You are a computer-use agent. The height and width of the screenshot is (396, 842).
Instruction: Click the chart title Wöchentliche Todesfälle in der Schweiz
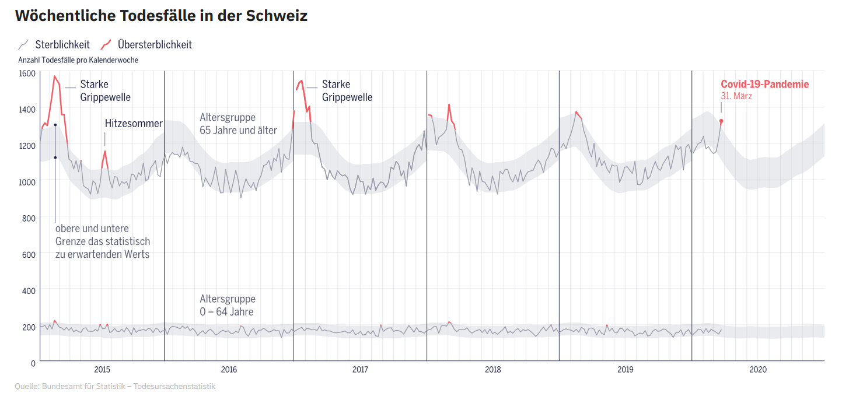[x=161, y=16]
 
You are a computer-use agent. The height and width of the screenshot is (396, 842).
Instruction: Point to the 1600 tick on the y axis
[x=28, y=73]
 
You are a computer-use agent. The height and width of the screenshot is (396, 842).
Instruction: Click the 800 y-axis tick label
[x=28, y=218]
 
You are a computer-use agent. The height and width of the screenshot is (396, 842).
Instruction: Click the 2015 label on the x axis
[x=102, y=369]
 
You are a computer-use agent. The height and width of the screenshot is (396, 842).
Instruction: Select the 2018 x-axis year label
[x=493, y=369]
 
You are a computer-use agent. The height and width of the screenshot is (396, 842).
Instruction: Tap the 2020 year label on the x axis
[x=758, y=369]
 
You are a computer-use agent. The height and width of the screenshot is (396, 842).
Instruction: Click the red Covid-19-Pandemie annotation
[x=764, y=84]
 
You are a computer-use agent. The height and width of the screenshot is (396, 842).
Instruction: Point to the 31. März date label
[x=736, y=96]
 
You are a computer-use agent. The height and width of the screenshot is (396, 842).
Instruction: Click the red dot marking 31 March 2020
[x=721, y=121]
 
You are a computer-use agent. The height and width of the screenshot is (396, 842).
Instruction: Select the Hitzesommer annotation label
[x=134, y=124]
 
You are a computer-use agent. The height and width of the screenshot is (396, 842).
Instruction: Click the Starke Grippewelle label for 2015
[x=105, y=90]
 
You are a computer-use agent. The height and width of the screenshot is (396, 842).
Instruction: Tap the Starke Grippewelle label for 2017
[x=347, y=90]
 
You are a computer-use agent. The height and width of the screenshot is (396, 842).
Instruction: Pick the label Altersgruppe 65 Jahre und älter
[x=238, y=124]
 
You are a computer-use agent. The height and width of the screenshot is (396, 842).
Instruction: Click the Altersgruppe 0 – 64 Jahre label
[x=228, y=305]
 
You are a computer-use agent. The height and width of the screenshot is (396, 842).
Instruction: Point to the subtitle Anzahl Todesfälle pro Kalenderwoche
[x=78, y=60]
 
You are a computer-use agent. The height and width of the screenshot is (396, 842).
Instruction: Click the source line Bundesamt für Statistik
[x=115, y=386]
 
